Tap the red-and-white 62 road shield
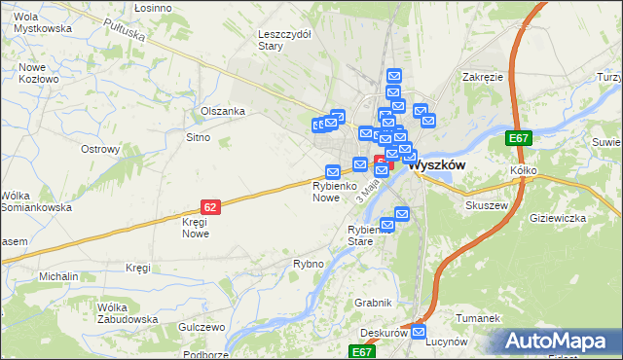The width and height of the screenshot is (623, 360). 210,206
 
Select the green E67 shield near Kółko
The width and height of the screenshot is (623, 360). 519,139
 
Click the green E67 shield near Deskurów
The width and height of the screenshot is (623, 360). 362,351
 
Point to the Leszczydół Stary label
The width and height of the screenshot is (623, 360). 283,39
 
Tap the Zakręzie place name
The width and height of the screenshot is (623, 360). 483,76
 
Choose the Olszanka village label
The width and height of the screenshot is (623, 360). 222,111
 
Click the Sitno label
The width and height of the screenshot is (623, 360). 198,138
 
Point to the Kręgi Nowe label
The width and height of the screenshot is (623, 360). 195,228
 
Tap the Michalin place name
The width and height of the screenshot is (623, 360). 58,276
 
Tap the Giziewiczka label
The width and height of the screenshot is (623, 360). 557,218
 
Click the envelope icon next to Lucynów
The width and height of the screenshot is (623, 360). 419,333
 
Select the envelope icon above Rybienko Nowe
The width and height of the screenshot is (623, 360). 332,171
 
